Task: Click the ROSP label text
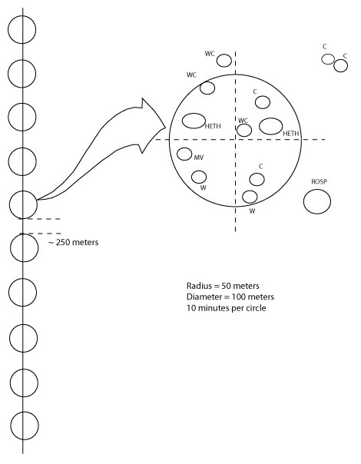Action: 320,181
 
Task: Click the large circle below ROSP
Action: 317,190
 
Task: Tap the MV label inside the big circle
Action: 199,157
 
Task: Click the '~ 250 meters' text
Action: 74,242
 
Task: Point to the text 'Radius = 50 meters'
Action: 223,286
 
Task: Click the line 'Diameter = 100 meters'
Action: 230,297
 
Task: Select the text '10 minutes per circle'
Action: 227,308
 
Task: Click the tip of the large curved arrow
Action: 165,128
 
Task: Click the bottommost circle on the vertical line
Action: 11,426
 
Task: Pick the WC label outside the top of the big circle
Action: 210,54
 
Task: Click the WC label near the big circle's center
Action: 243,121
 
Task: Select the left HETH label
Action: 213,126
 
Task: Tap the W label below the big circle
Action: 252,211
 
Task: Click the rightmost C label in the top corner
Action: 345,56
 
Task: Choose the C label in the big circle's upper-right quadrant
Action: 255,91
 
